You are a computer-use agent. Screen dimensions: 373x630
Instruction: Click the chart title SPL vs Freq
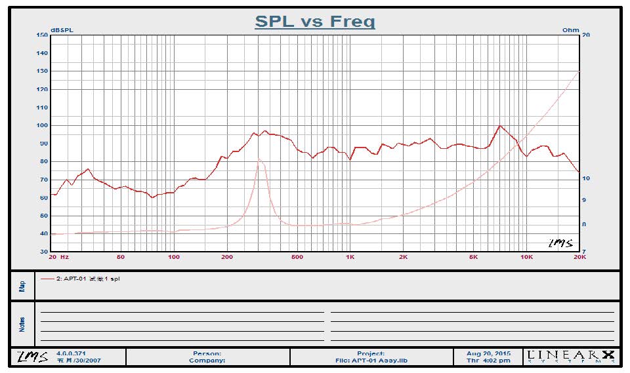314,21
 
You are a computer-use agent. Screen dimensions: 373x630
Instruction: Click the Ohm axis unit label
571,30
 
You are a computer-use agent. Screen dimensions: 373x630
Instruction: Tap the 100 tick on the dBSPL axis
43,125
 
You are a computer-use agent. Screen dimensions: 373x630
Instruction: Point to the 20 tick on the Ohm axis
585,35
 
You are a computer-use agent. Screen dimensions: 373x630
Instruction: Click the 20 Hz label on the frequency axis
60,257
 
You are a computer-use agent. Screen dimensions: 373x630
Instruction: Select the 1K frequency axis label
350,257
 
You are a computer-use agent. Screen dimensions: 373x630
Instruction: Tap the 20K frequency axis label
579,257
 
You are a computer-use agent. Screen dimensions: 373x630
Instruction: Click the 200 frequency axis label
227,257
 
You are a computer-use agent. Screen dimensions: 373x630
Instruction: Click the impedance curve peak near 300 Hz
259,159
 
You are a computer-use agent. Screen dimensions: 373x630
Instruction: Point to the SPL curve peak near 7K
500,126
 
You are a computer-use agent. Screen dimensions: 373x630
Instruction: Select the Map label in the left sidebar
22,286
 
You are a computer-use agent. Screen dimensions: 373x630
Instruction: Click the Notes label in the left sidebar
22,323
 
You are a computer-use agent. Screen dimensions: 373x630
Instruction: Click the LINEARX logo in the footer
572,357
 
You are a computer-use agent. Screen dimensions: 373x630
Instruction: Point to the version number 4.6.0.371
72,353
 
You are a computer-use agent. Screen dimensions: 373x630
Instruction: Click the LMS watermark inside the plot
560,243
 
